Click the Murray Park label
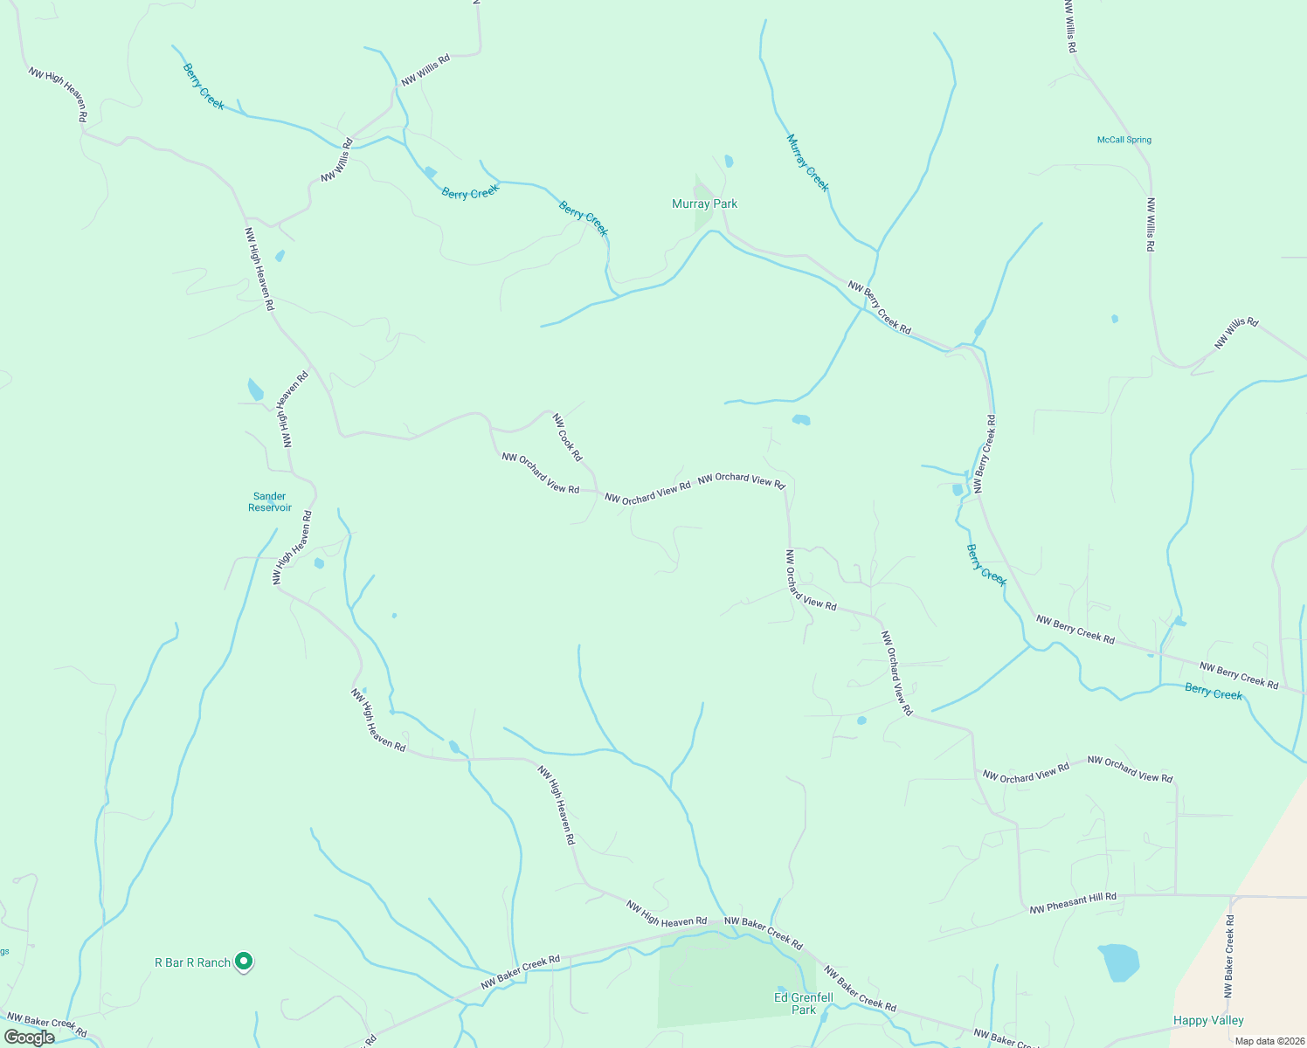tap(704, 203)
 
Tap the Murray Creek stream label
tap(807, 162)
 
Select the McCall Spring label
tap(1124, 140)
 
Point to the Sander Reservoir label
tap(269, 502)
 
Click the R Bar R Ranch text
tap(192, 962)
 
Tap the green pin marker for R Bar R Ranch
tap(245, 962)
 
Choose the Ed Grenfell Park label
tap(804, 1003)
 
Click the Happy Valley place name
tap(1208, 1020)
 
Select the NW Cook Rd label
tap(567, 437)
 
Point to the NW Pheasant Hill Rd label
tap(1073, 903)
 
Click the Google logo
tap(29, 1038)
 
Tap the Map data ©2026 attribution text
tap(1268, 1041)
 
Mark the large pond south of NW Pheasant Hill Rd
tap(1119, 962)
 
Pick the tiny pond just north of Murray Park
tap(729, 161)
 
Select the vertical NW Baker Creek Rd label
tap(1229, 956)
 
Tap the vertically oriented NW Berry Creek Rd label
tap(984, 454)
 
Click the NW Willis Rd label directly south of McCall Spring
tap(1151, 224)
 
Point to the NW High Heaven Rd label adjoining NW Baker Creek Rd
tap(667, 914)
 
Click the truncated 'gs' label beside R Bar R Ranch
tap(4, 952)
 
